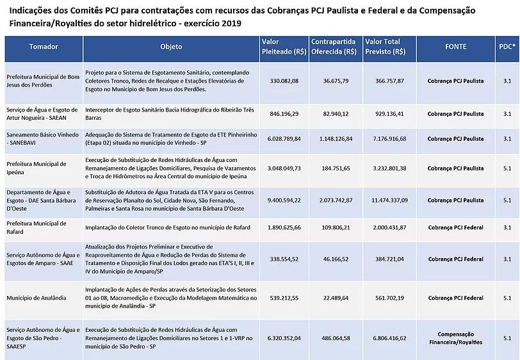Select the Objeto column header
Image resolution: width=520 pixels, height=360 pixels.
[x=171, y=47]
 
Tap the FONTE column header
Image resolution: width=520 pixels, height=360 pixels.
[x=455, y=47]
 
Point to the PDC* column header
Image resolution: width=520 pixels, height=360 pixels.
[x=507, y=47]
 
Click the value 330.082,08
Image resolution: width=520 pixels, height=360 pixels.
[x=284, y=81]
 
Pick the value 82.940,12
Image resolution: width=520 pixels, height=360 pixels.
[x=336, y=113]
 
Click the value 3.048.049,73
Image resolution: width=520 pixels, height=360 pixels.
[x=284, y=168]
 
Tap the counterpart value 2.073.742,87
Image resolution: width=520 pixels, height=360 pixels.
[x=336, y=200]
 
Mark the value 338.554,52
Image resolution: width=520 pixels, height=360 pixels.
[x=284, y=259]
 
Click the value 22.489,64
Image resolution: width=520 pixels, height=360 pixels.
[x=336, y=297]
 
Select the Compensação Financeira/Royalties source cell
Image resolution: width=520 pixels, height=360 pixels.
[x=455, y=338]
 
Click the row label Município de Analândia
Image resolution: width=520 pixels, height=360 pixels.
[x=33, y=298]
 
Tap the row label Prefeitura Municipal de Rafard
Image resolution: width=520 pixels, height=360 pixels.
[x=37, y=227]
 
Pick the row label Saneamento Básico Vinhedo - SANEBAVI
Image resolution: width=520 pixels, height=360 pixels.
[x=42, y=138]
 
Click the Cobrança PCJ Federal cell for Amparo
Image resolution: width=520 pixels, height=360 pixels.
[x=455, y=259]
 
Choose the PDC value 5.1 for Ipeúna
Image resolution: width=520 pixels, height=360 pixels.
[x=507, y=168]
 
